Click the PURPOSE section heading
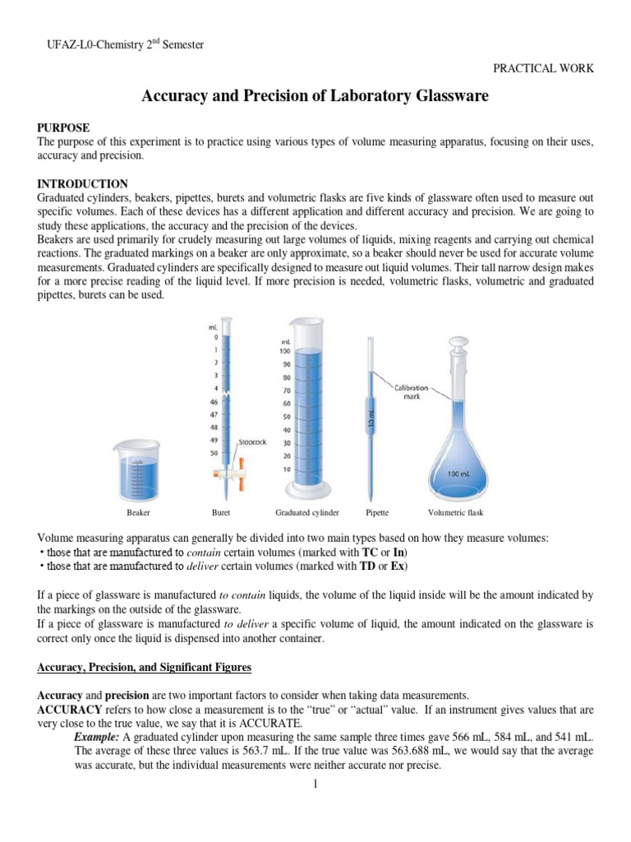tap(64, 127)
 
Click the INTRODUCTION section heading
tap(83, 183)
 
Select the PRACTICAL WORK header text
tap(542, 68)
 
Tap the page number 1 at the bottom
tap(315, 784)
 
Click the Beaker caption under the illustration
tap(138, 513)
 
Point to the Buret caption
tap(221, 513)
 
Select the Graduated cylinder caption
tap(307, 513)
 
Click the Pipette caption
tap(376, 513)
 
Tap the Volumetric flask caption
tap(456, 513)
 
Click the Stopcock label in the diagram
tap(252, 442)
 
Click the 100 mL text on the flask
tap(457, 475)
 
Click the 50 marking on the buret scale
tap(213, 453)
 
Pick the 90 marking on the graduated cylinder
tap(286, 364)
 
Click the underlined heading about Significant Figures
tap(145, 666)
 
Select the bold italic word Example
tap(97, 736)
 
